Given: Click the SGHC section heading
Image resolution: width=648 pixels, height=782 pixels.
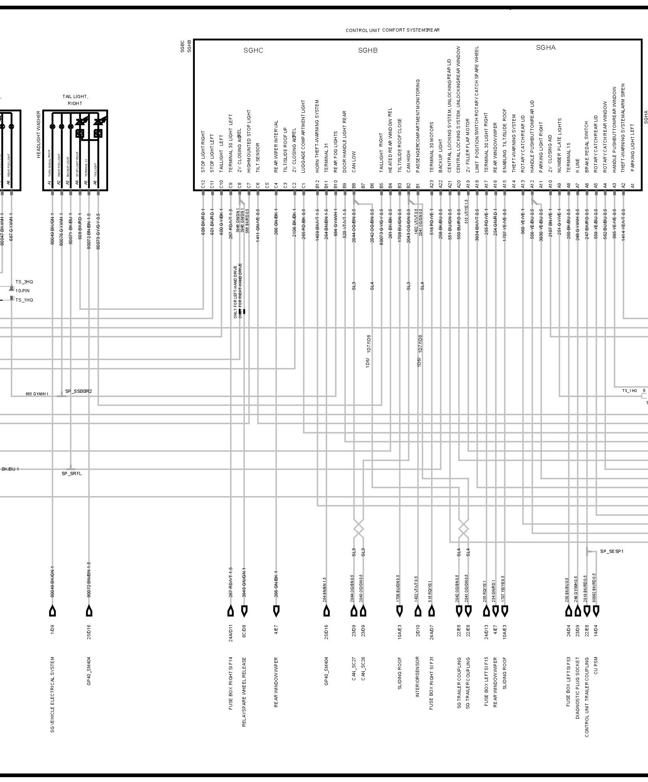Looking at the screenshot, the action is [253, 50].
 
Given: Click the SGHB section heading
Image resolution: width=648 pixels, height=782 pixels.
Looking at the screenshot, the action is [368, 50].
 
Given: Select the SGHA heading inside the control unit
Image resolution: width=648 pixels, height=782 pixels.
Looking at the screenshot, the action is [545, 47].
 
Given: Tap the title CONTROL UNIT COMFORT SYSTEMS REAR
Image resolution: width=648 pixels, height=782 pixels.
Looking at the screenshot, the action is [392, 30].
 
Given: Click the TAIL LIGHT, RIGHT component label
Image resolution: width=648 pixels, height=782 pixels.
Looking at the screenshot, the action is [75, 100].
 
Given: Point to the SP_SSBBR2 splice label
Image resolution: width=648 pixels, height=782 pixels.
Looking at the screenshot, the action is [79, 392].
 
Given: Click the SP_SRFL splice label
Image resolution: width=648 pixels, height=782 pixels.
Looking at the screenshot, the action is [71, 473].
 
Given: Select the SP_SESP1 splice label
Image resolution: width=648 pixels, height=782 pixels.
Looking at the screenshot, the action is [612, 551].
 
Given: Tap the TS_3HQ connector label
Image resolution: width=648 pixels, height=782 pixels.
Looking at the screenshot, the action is [24, 282].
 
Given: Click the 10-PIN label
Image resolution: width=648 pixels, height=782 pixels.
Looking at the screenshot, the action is [23, 291].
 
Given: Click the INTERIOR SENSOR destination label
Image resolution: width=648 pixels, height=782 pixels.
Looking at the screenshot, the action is [417, 683].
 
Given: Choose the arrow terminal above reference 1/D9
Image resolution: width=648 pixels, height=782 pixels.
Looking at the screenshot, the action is [52, 611].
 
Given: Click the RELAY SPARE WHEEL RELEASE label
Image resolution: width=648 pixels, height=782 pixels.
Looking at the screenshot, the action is [244, 698].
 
